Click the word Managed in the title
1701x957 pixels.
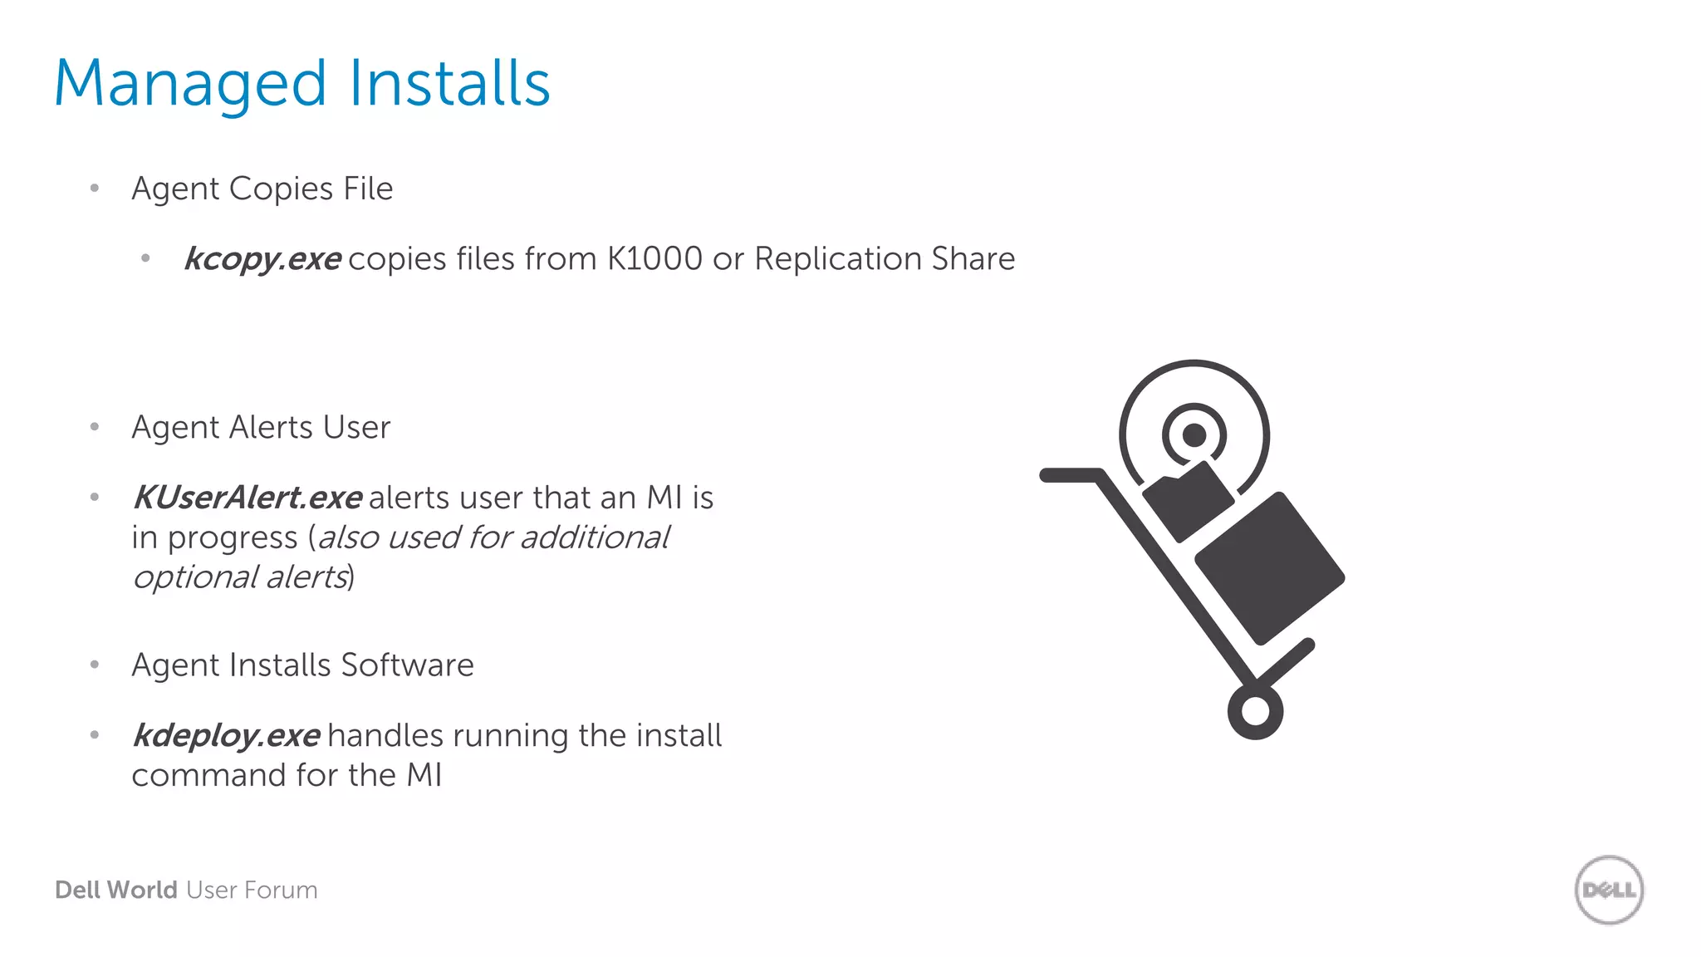point(190,85)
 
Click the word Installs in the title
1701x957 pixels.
point(449,83)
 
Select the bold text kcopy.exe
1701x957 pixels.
point(262,259)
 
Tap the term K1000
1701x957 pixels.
point(654,258)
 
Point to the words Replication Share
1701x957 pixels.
point(885,258)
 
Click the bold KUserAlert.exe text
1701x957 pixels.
point(248,498)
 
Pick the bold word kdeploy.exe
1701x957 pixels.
point(227,735)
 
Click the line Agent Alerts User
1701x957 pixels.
point(261,427)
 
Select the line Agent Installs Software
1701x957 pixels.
point(302,665)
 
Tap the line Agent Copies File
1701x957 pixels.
point(262,189)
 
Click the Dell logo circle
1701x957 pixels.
point(1609,890)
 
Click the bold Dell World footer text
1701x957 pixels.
point(116,890)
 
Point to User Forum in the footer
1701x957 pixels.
point(252,890)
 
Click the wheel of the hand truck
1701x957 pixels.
point(1255,711)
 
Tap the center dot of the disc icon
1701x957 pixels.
point(1194,434)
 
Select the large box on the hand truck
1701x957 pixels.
point(1269,568)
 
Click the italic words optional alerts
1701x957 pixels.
point(241,577)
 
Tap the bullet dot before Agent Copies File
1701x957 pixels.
point(95,189)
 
